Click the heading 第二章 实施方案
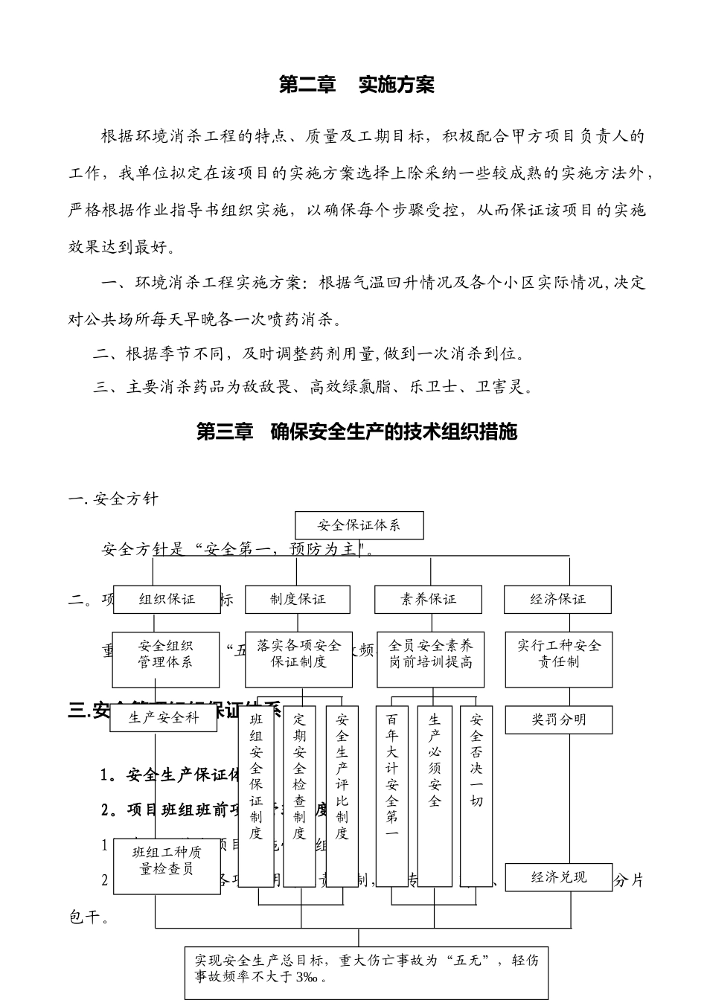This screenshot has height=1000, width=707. [356, 85]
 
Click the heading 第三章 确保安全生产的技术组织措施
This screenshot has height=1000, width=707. [356, 432]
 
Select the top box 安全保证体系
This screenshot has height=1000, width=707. [359, 525]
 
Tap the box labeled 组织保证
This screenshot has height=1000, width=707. [167, 599]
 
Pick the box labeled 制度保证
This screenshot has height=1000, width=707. [298, 599]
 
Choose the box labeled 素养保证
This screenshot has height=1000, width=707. [428, 599]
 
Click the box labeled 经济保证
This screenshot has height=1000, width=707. [557, 599]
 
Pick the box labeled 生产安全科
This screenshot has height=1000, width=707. [164, 719]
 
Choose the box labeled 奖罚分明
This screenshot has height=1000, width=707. [558, 719]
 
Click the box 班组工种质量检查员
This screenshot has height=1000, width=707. [167, 861]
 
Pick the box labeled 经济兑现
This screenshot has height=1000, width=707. [558, 877]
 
